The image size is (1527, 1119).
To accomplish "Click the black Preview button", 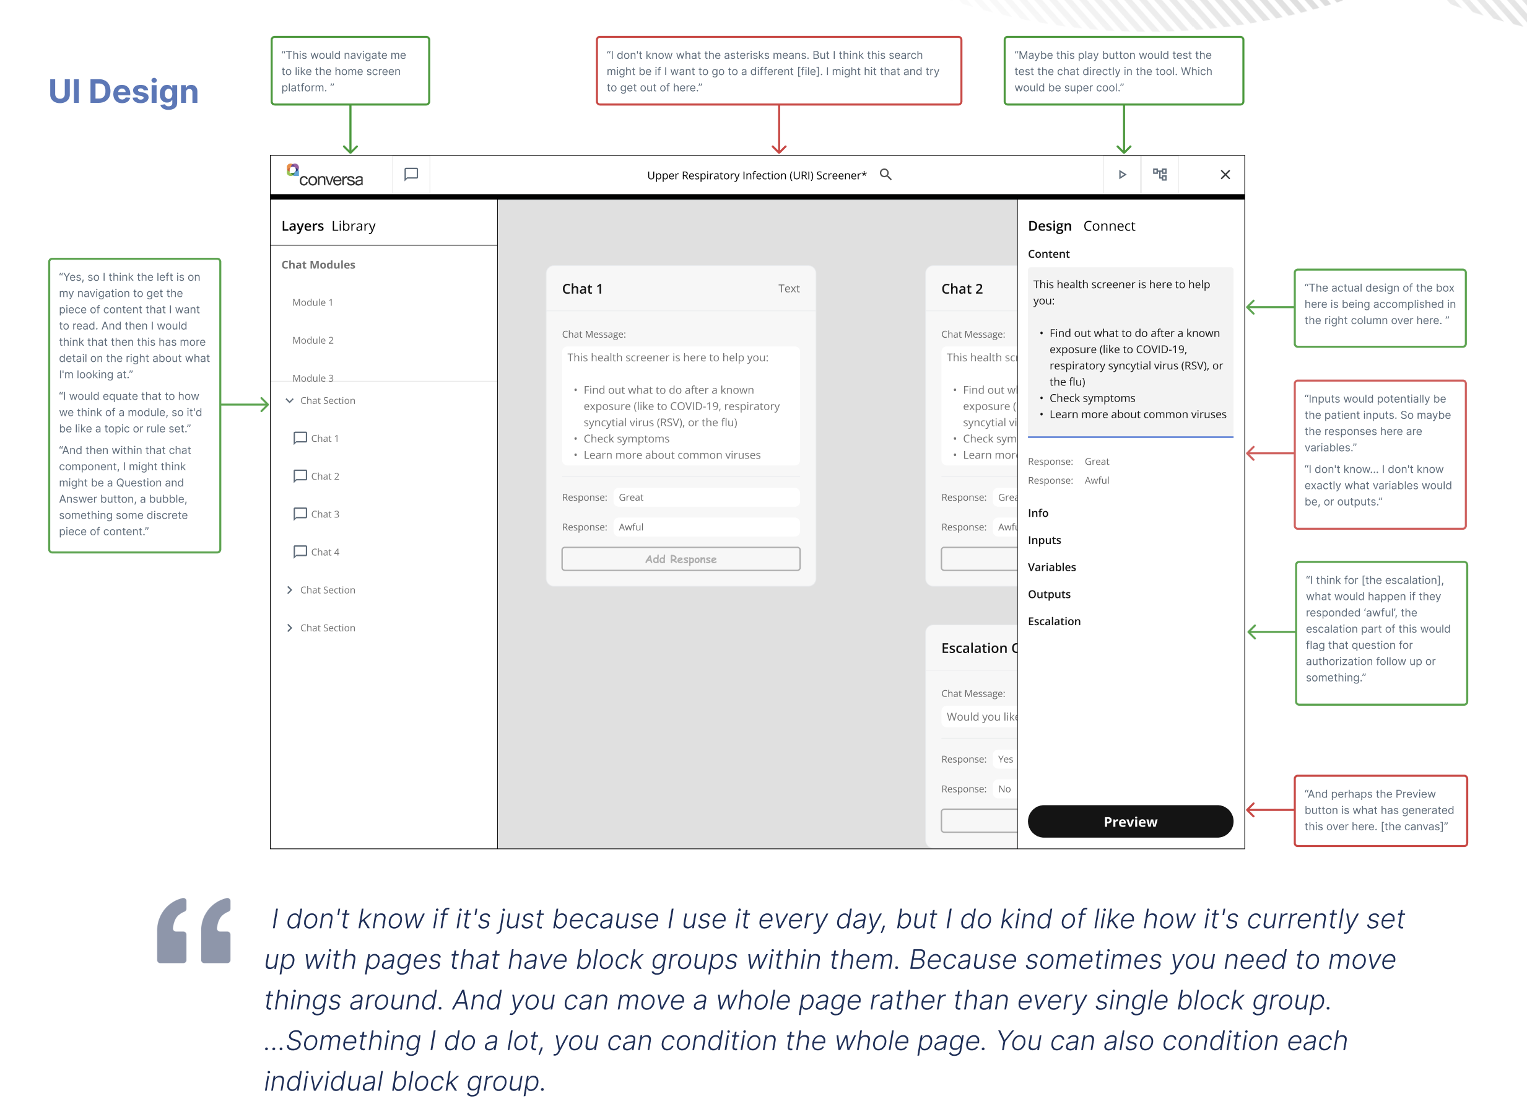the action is click(x=1129, y=822).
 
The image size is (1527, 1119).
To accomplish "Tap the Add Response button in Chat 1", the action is click(x=681, y=559).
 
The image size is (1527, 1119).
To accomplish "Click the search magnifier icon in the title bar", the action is click(x=885, y=175).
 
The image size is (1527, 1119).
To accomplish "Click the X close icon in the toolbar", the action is click(x=1224, y=175).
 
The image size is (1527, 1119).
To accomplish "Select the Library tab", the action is click(x=354, y=226).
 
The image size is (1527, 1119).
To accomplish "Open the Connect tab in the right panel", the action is click(x=1108, y=226).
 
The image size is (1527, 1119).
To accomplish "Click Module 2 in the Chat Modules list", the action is click(x=313, y=340).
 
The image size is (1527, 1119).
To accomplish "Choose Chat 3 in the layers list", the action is click(x=324, y=514).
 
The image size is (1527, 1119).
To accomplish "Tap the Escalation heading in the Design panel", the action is click(x=1054, y=621).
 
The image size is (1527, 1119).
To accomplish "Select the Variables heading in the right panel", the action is click(x=1051, y=567).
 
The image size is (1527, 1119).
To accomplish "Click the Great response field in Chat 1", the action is click(x=705, y=497).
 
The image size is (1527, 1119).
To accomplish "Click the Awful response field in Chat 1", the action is click(x=705, y=527).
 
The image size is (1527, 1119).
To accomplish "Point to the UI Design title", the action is click(x=123, y=92).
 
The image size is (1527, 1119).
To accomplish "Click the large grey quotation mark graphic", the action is click(x=194, y=930).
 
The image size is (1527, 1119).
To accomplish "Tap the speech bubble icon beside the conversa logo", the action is click(x=411, y=175).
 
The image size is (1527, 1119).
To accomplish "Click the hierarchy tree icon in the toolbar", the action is click(x=1159, y=175).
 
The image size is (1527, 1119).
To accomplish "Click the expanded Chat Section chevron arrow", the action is click(x=290, y=400).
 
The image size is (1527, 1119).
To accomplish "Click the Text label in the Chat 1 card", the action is click(x=788, y=289).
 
